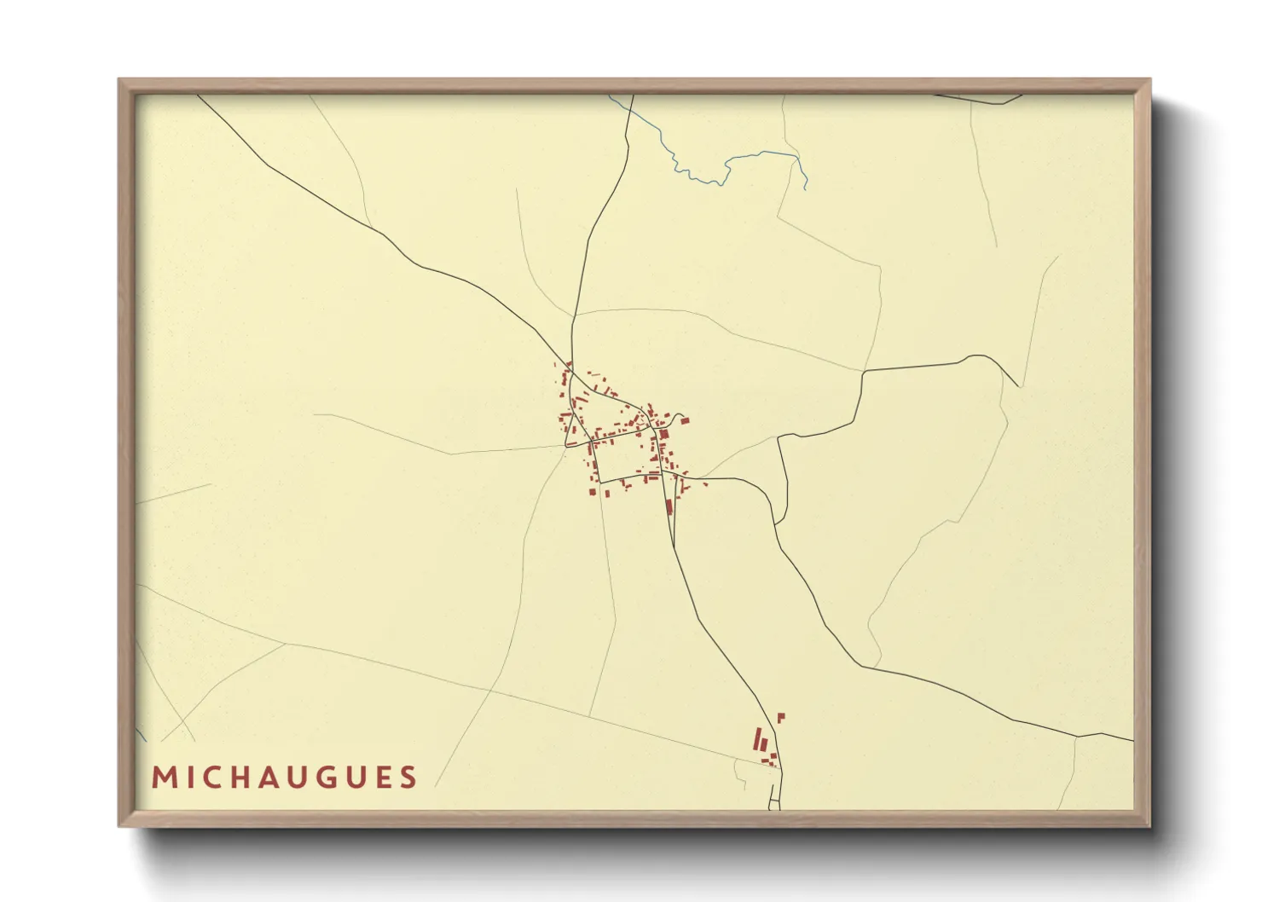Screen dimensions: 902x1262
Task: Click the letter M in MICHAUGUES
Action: click(163, 778)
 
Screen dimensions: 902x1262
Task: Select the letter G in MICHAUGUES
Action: click(326, 778)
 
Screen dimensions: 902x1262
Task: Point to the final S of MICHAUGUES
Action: click(408, 778)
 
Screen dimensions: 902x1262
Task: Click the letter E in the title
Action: click(384, 778)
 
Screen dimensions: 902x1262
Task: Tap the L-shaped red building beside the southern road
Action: click(780, 717)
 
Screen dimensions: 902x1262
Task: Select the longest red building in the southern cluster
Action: click(756, 738)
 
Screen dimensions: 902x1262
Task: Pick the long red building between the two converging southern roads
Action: click(669, 506)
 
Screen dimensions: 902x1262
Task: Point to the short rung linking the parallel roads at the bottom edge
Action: click(774, 801)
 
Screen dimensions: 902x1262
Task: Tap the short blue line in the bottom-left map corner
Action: click(142, 734)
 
